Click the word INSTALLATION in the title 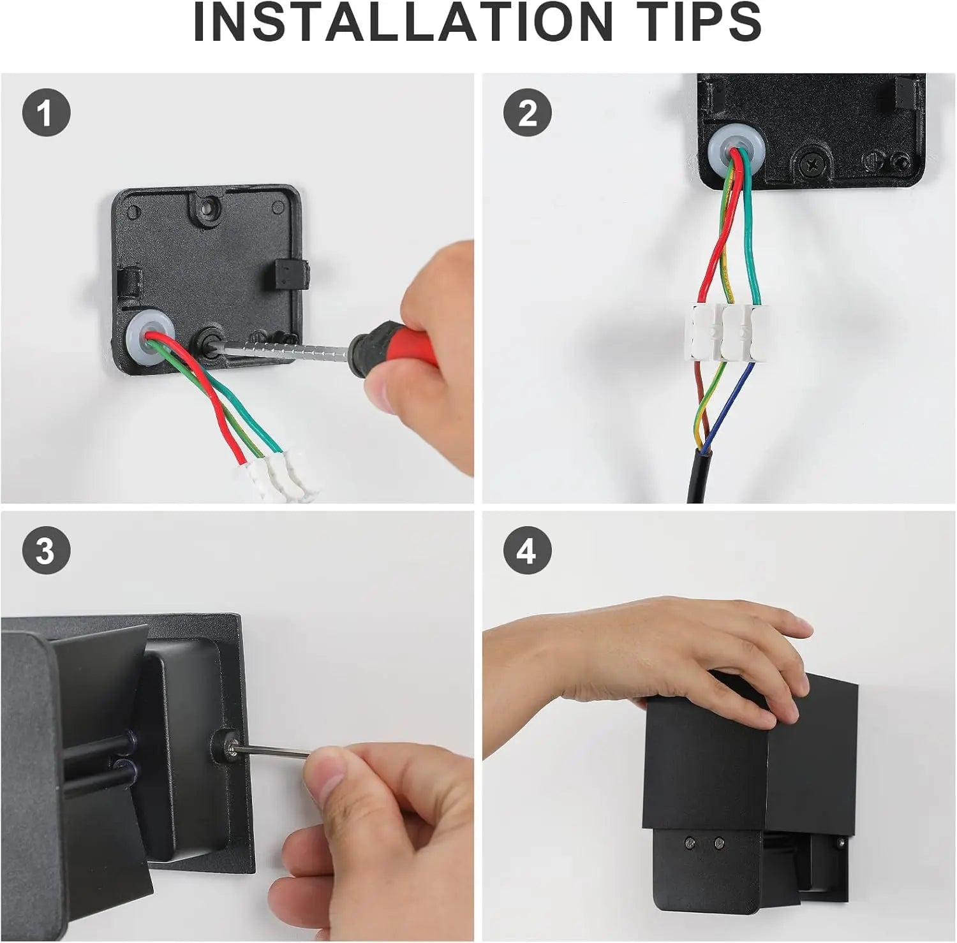[403, 22]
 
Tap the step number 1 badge [46, 113]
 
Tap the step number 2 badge [527, 113]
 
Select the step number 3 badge [46, 550]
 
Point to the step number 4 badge [527, 550]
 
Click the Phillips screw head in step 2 [812, 163]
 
